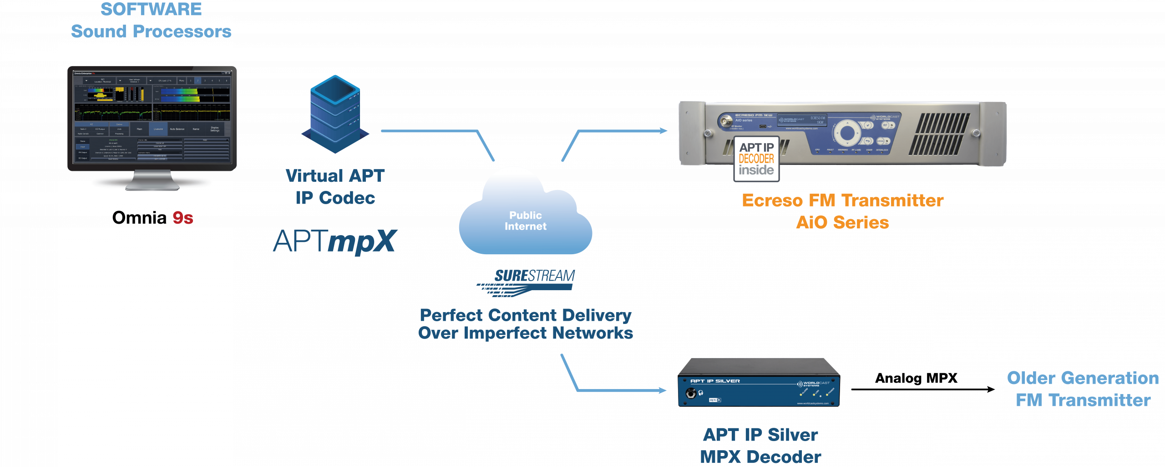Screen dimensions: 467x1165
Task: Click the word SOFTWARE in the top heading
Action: pyautogui.click(x=151, y=10)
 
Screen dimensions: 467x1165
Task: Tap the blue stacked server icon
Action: pyautogui.click(x=335, y=114)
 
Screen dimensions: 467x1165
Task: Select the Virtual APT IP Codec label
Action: pyautogui.click(x=335, y=187)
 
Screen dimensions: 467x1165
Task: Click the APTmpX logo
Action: pyautogui.click(x=335, y=241)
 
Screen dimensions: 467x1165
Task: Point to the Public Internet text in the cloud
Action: pyautogui.click(x=526, y=221)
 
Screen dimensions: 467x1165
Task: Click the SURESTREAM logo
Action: pyautogui.click(x=528, y=282)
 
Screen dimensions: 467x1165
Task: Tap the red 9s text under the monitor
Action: pyautogui.click(x=183, y=218)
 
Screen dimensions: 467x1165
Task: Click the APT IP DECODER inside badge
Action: pyautogui.click(x=756, y=159)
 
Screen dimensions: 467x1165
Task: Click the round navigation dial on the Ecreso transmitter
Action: pyautogui.click(x=847, y=133)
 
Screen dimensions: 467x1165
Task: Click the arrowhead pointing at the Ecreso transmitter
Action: pyautogui.click(x=664, y=131)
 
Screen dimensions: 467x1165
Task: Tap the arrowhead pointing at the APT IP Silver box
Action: pyautogui.click(x=663, y=390)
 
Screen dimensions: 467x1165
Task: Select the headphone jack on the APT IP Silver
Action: pyautogui.click(x=691, y=393)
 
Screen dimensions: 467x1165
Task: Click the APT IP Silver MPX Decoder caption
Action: pyautogui.click(x=760, y=446)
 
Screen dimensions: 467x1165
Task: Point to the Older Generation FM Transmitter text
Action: pyautogui.click(x=1083, y=389)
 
